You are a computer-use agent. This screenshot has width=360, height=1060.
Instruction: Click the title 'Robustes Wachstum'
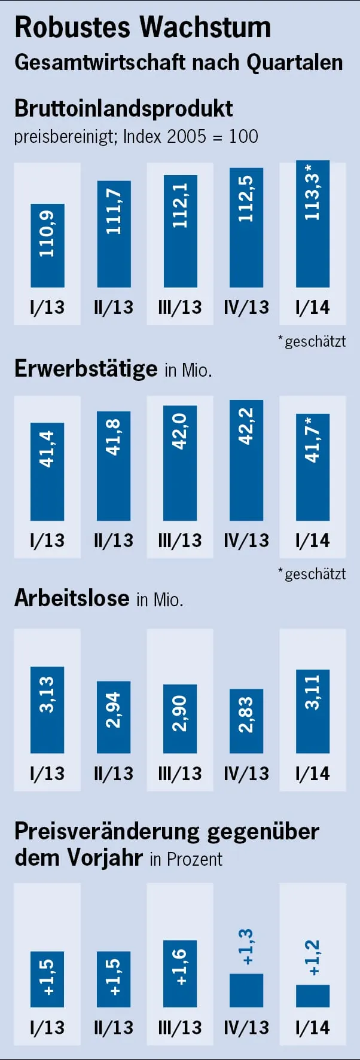pyautogui.click(x=142, y=28)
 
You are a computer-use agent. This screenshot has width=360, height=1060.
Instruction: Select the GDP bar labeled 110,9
pyautogui.click(x=47, y=245)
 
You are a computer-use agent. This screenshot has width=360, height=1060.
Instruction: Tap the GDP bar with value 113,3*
pyautogui.click(x=313, y=224)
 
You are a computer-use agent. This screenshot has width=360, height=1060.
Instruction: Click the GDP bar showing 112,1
pyautogui.click(x=180, y=231)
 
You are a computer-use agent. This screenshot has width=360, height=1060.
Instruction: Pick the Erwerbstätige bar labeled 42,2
pyautogui.click(x=246, y=460)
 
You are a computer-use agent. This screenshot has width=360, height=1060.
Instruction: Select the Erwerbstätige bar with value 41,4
pyautogui.click(x=47, y=471)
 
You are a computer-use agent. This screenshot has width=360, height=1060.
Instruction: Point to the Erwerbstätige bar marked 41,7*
pyautogui.click(x=313, y=467)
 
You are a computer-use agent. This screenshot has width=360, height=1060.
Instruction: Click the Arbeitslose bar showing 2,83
pyautogui.click(x=246, y=720)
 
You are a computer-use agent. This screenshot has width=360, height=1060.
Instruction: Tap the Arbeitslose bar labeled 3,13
pyautogui.click(x=47, y=710)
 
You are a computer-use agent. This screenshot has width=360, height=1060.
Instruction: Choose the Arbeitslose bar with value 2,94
pyautogui.click(x=114, y=717)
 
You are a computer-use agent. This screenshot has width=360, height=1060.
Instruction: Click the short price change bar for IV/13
pyautogui.click(x=246, y=991)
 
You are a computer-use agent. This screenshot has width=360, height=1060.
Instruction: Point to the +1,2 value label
pyautogui.click(x=313, y=958)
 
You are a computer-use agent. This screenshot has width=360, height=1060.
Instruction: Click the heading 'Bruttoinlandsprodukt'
pyautogui.click(x=123, y=109)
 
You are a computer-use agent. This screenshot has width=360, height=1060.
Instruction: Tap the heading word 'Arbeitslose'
pyautogui.click(x=72, y=598)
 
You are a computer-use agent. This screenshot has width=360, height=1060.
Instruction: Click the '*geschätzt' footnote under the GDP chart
pyautogui.click(x=312, y=341)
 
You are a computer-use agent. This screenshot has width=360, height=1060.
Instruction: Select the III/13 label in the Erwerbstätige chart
pyautogui.click(x=180, y=540)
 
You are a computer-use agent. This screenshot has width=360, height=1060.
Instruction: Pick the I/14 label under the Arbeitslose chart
pyautogui.click(x=313, y=774)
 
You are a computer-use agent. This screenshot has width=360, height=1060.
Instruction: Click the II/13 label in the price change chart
pyautogui.click(x=114, y=1028)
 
